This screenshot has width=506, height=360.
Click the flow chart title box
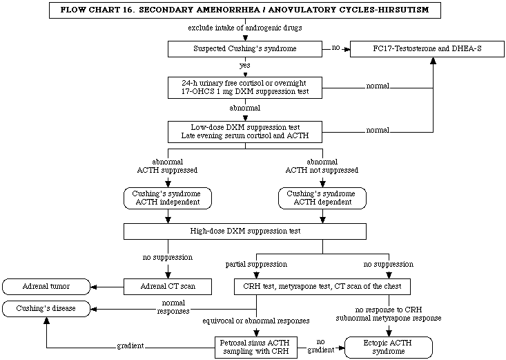245,10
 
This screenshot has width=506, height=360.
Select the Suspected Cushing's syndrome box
245,49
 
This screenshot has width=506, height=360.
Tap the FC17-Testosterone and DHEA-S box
427,49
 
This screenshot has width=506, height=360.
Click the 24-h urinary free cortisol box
245,87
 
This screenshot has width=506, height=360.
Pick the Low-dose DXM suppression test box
245,131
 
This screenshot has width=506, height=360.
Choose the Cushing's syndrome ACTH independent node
168,198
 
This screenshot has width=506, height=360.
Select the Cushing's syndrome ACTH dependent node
322,198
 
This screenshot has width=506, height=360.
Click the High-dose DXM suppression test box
245,231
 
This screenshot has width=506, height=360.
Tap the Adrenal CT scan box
168,287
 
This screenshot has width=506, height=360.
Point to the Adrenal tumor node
46,287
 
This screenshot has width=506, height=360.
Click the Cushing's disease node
46,309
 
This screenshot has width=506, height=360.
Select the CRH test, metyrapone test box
322,287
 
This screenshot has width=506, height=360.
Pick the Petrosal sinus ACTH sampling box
256,348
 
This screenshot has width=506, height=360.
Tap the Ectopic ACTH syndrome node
389,348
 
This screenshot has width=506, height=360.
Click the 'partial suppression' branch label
256,265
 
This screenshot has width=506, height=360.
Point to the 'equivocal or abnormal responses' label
256,321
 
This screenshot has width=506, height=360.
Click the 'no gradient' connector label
320,345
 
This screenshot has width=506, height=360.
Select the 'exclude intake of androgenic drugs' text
245,28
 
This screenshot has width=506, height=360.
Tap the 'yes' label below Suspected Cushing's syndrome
244,66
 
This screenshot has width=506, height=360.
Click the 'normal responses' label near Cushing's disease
173,307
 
